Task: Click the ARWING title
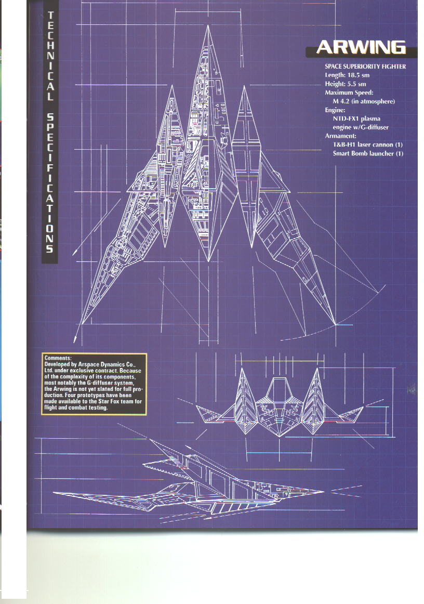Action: click(x=361, y=47)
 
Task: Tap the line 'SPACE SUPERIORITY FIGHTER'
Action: click(x=365, y=66)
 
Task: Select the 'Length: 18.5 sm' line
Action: click(x=347, y=75)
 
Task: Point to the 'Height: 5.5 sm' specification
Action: click(x=346, y=84)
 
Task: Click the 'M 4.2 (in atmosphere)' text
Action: click(x=364, y=101)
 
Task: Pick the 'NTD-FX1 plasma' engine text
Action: click(x=356, y=119)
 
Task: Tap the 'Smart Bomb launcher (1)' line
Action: click(x=368, y=153)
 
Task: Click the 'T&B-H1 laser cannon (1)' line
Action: click(x=367, y=145)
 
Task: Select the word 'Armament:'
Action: click(x=340, y=136)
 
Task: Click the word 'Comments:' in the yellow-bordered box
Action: click(x=58, y=358)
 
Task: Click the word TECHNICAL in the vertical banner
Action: click(x=50, y=56)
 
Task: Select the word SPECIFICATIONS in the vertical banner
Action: click(x=50, y=183)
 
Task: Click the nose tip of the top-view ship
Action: click(x=208, y=26)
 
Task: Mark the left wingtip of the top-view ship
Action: click(x=82, y=323)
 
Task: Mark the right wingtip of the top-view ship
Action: click(x=335, y=324)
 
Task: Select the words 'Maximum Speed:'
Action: click(x=349, y=93)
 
